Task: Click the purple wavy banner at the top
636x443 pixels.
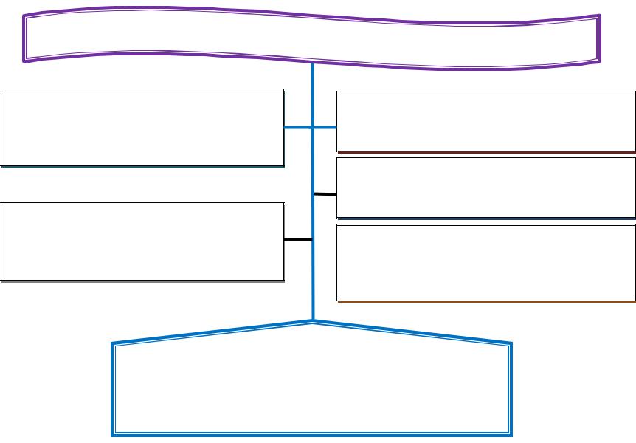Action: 310,37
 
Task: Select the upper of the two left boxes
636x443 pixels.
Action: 142,128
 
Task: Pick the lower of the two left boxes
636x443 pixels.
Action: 142,241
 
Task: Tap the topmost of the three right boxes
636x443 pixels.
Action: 485,121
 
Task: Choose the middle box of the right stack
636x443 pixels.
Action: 485,187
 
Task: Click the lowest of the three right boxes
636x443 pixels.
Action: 485,262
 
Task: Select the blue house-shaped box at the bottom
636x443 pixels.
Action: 311,384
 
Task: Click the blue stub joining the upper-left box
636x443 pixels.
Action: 298,128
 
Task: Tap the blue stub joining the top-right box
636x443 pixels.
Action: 325,128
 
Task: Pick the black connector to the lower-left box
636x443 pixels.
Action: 298,240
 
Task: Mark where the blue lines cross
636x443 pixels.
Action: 313,128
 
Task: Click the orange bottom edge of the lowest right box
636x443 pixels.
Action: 485,301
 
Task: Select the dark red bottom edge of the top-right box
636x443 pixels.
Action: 485,152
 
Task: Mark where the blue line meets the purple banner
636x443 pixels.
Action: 313,63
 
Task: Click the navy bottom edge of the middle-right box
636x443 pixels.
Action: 485,218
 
